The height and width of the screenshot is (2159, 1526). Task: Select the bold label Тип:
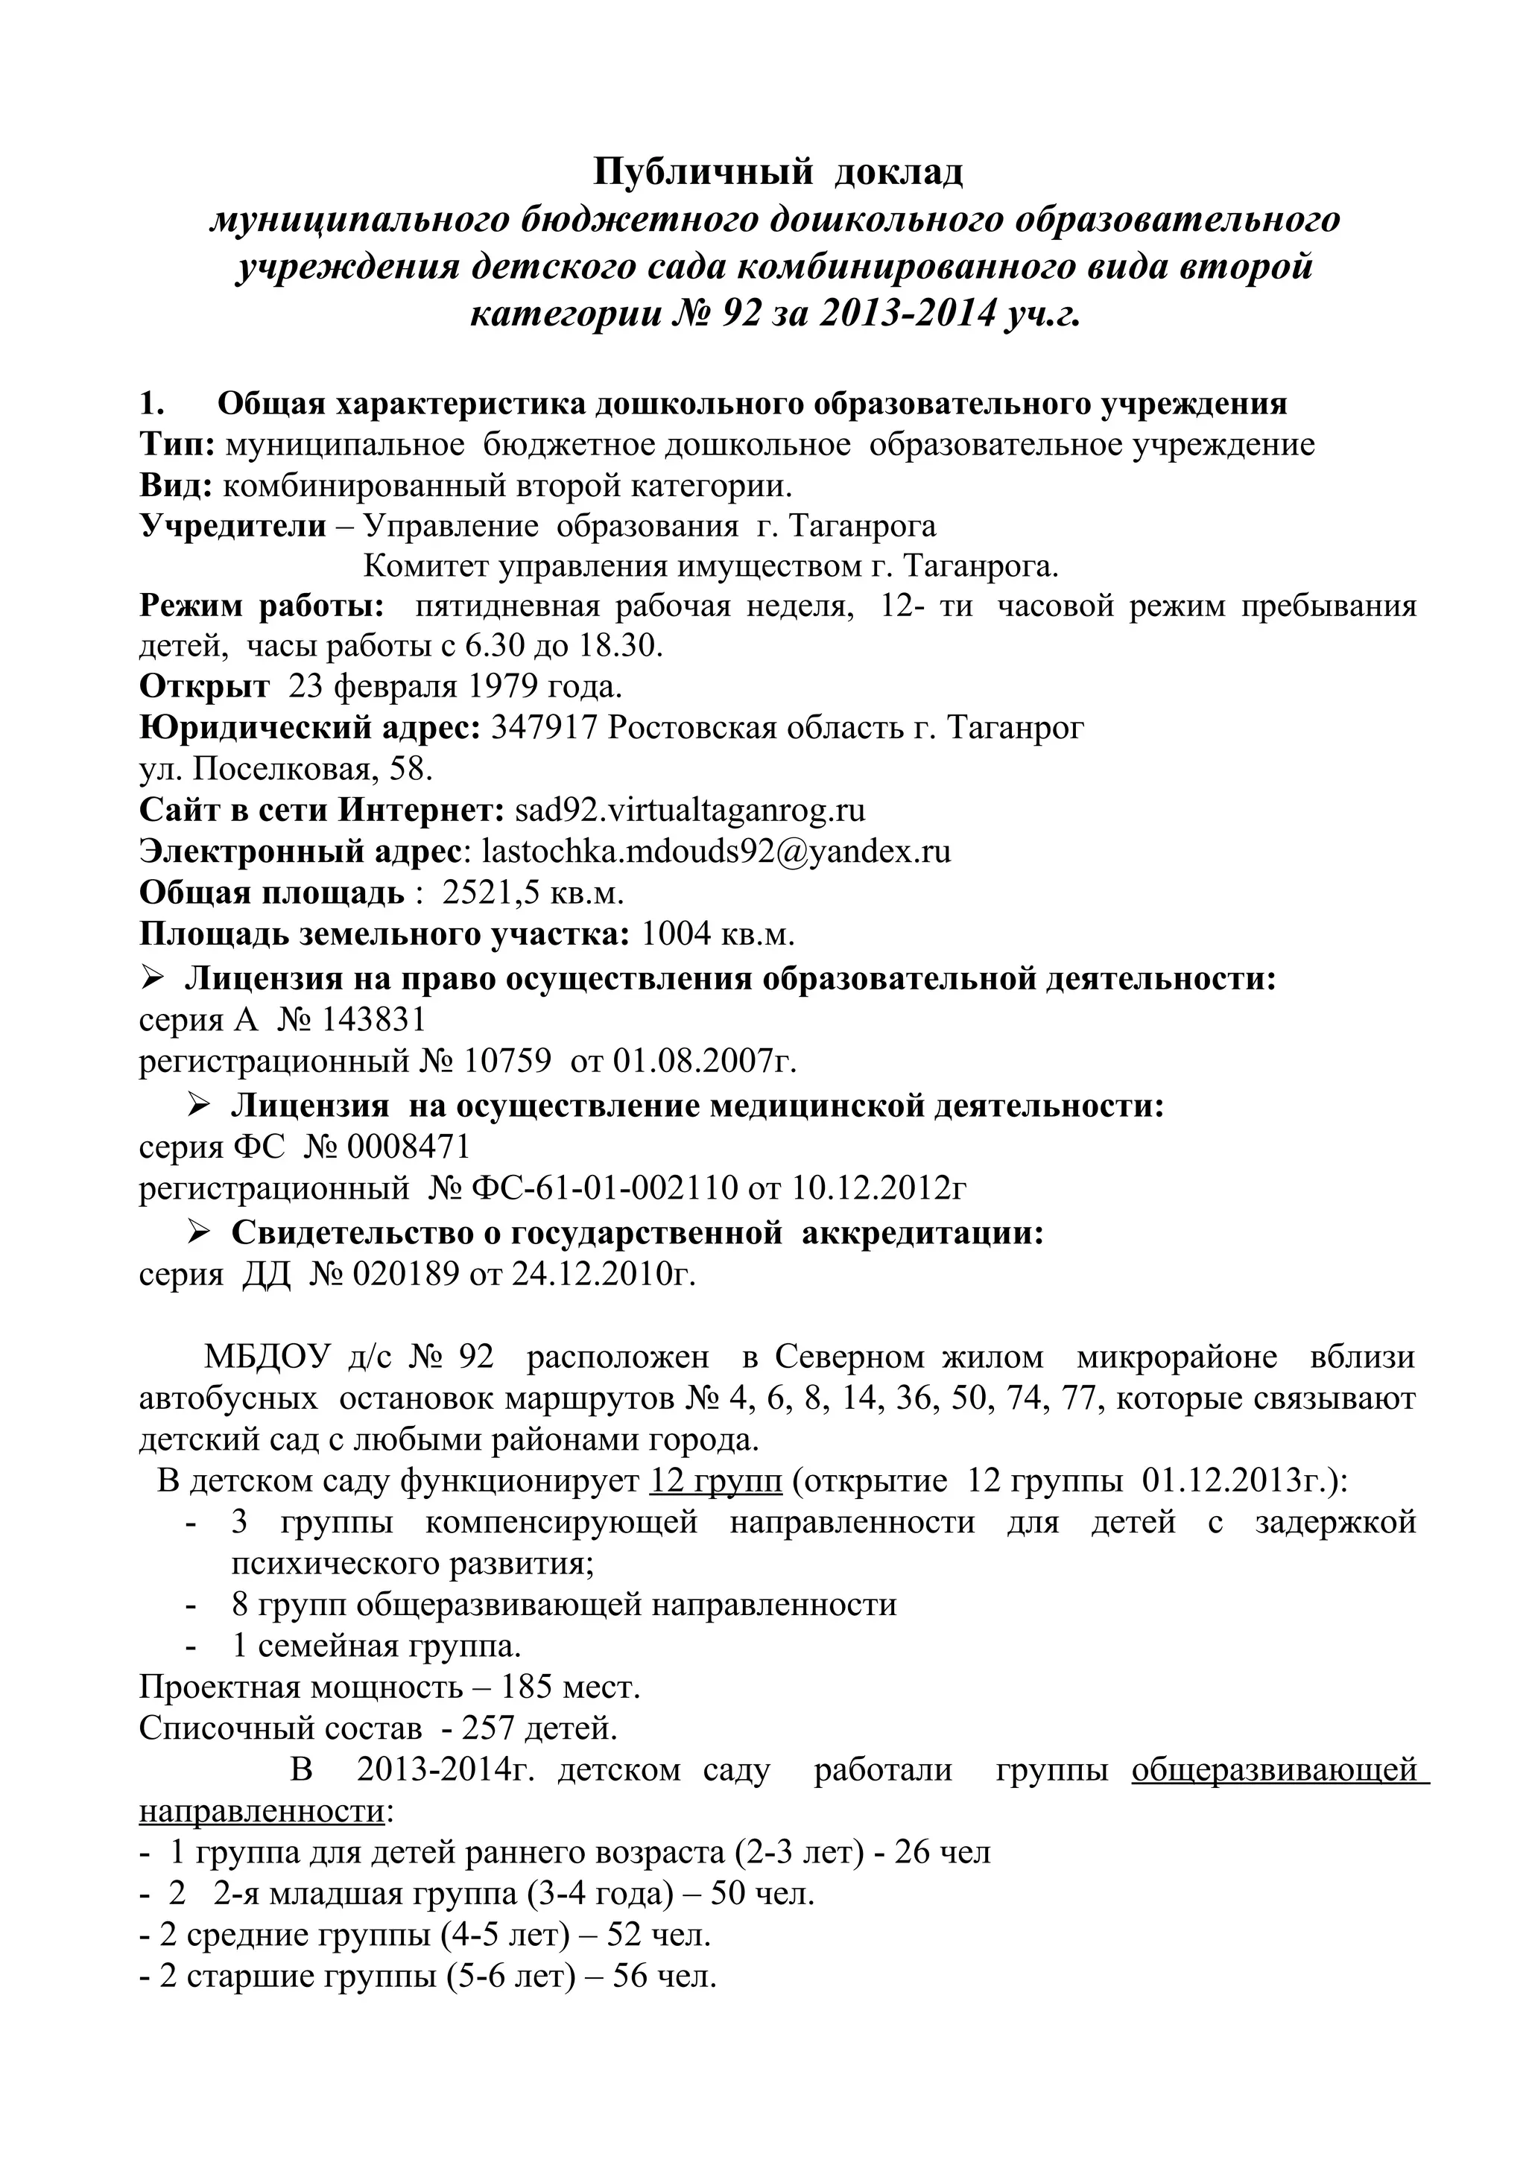point(177,444)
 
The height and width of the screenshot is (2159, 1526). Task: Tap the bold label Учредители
point(232,526)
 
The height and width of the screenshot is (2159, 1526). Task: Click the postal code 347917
point(545,728)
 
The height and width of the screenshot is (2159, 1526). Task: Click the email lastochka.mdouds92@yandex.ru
point(715,851)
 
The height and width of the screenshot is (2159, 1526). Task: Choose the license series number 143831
point(374,1019)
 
